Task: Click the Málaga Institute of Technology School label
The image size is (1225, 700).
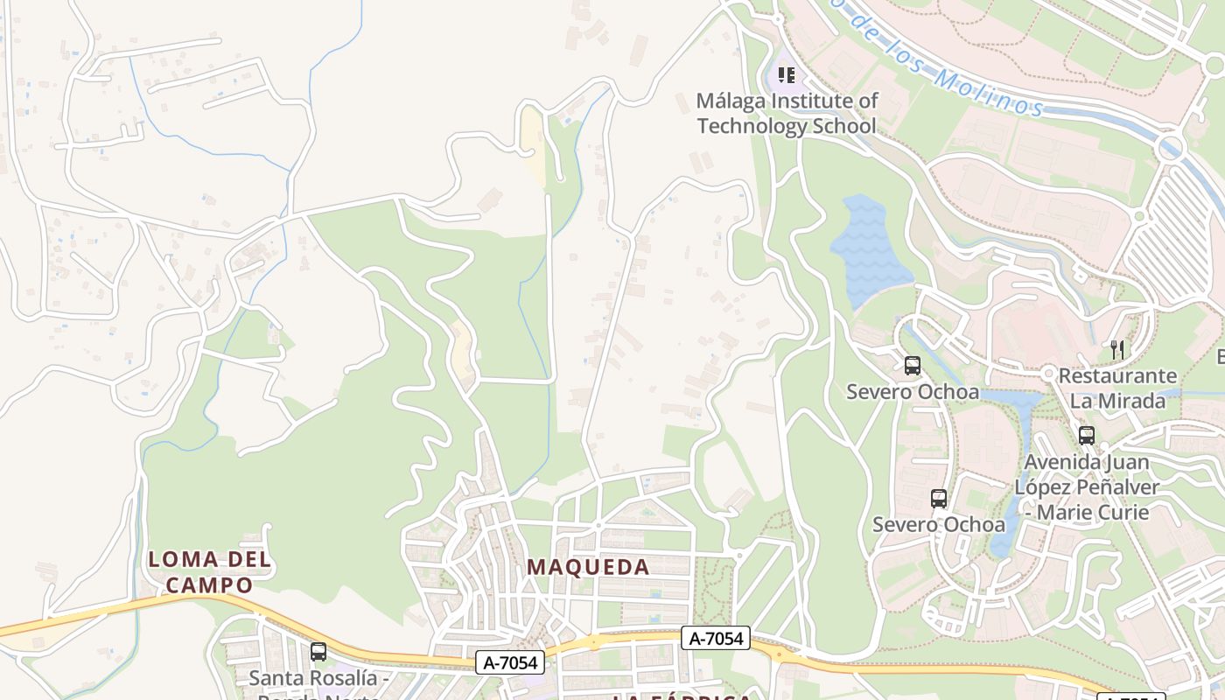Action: tap(786, 114)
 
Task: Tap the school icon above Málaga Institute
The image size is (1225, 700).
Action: tap(786, 75)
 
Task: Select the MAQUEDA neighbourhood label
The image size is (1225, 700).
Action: tap(588, 567)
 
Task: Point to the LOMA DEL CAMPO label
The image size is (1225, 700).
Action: tap(210, 571)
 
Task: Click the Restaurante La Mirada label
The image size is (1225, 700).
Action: tap(1117, 388)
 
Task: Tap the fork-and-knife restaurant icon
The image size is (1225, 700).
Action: tap(1116, 350)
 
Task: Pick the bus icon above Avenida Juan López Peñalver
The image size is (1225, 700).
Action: tap(1086, 435)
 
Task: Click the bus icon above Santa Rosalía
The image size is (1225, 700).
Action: tap(318, 652)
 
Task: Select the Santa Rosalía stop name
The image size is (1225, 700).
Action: tap(318, 678)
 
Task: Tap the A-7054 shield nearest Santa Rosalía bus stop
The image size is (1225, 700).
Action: tap(511, 662)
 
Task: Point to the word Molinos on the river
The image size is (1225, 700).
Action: tap(984, 92)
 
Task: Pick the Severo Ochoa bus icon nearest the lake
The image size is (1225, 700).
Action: tap(912, 366)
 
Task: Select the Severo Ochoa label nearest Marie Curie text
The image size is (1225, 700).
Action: tap(938, 524)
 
